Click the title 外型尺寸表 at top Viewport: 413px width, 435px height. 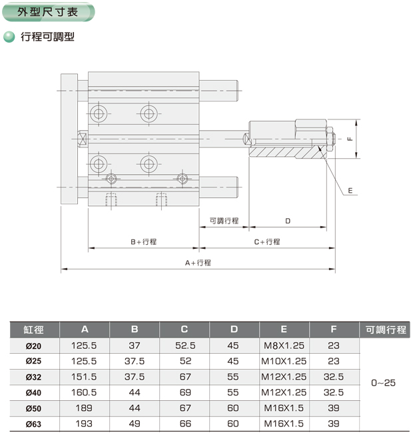point(48,12)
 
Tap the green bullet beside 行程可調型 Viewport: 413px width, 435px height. point(9,37)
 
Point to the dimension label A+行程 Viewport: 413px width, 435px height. point(198,263)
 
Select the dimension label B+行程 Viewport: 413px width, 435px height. point(143,242)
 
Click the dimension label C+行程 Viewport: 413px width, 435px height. point(267,242)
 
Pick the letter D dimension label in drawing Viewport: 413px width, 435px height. point(288,221)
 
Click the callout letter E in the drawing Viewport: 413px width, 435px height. point(350,191)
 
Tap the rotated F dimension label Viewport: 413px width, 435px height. point(350,139)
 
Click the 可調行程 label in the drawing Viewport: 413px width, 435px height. point(224,221)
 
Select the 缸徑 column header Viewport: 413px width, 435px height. point(33,330)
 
